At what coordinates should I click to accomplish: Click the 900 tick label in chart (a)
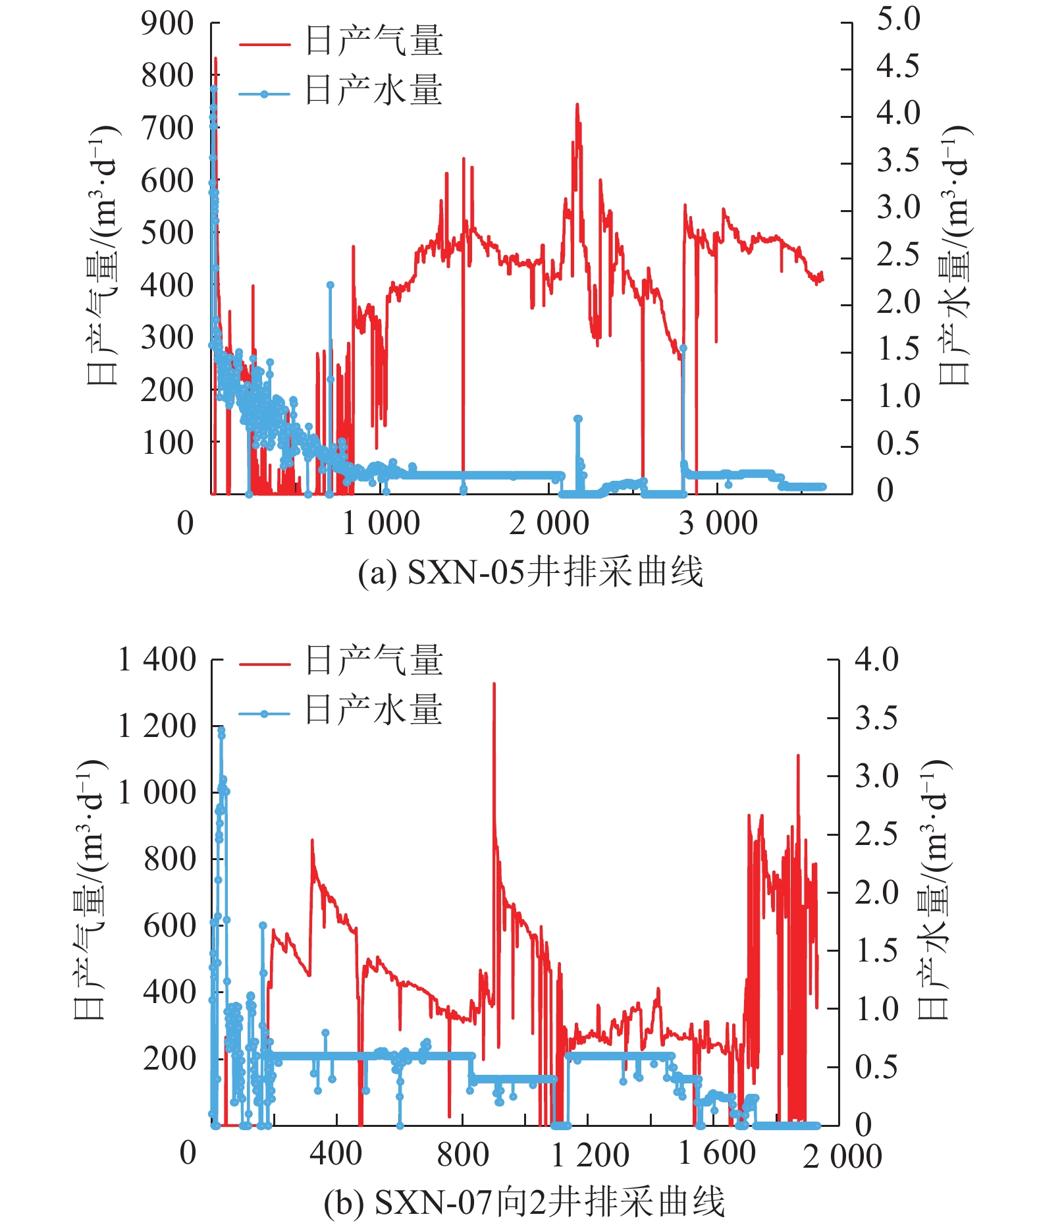pyautogui.click(x=167, y=24)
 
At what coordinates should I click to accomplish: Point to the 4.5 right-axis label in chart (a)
pyautogui.click(x=897, y=66)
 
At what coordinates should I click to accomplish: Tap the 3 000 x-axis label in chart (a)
pyautogui.click(x=718, y=524)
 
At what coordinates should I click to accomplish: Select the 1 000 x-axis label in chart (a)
pyautogui.click(x=381, y=524)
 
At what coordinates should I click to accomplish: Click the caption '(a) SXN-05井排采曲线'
pyautogui.click(x=530, y=572)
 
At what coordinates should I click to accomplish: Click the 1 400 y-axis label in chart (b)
pyautogui.click(x=157, y=660)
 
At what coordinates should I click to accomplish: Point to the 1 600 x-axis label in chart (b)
pyautogui.click(x=716, y=1154)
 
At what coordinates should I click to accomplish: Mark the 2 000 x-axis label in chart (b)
pyautogui.click(x=842, y=1157)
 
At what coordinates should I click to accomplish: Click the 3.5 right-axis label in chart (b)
pyautogui.click(x=876, y=718)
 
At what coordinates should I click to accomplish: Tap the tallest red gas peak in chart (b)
pyautogui.click(x=494, y=685)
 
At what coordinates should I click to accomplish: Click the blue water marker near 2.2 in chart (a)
pyautogui.click(x=330, y=285)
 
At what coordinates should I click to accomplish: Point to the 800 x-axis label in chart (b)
pyautogui.click(x=463, y=1154)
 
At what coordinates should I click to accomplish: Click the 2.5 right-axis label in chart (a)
pyautogui.click(x=897, y=255)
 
